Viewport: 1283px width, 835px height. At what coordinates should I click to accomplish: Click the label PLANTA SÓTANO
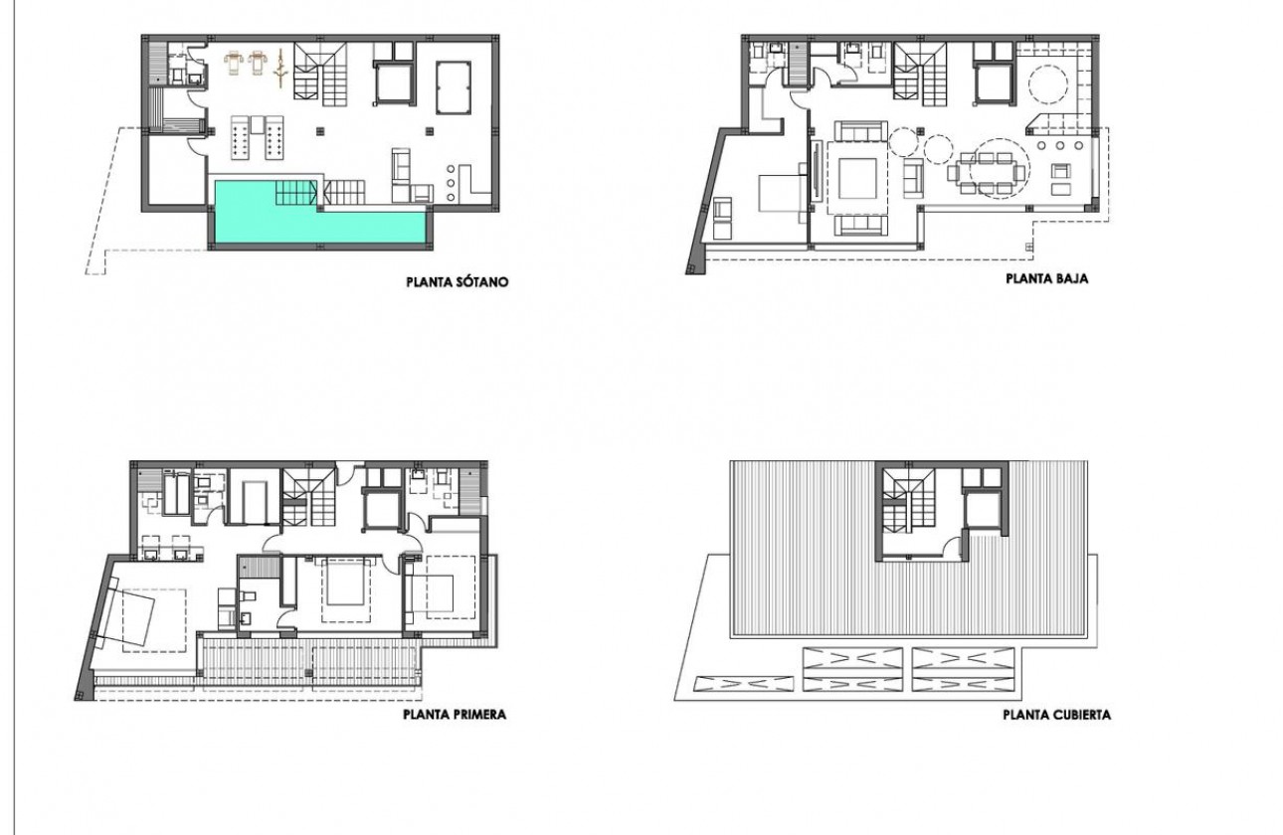(x=457, y=282)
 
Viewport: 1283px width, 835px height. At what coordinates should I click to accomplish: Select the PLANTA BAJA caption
(x=1046, y=279)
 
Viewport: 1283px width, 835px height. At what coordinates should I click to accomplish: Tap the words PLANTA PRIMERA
(x=455, y=714)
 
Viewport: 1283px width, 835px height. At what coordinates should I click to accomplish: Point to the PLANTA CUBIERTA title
(x=1056, y=715)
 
